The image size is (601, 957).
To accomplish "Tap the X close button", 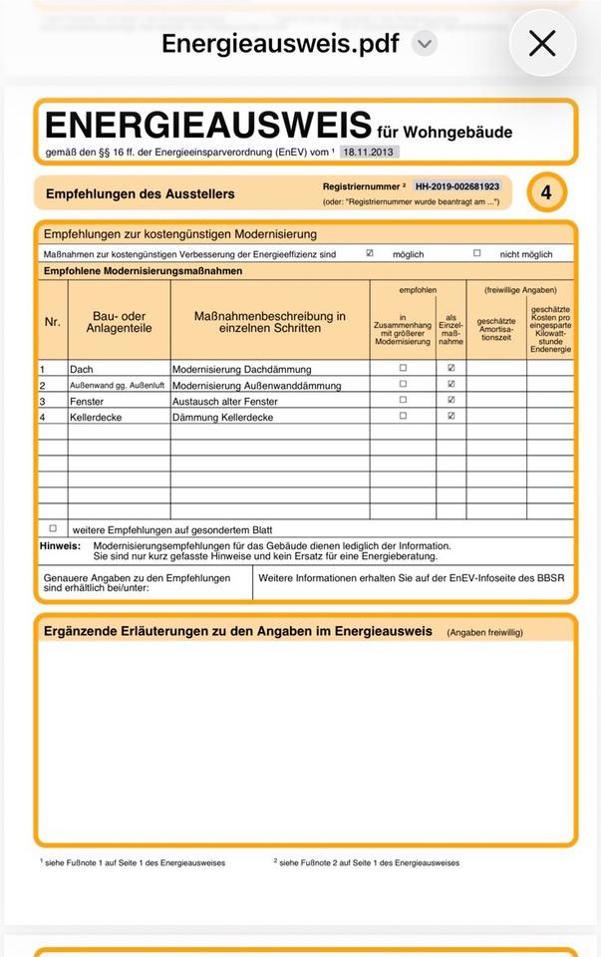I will coord(542,43).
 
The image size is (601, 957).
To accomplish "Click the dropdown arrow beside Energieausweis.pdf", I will coord(425,43).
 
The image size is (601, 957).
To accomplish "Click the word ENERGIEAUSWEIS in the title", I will coord(208,127).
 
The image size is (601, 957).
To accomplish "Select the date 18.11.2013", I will coord(369,152).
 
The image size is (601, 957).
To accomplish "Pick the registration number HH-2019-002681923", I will coord(457,186).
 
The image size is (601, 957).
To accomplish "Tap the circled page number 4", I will coord(546,192).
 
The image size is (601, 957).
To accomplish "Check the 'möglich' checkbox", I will coord(370,253).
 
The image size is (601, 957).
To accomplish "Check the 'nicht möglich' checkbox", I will coord(476,253).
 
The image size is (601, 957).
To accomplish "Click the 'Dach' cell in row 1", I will coord(82,369).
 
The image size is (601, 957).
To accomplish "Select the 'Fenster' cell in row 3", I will coord(87,401).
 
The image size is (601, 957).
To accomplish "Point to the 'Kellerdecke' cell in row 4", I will coord(96,417).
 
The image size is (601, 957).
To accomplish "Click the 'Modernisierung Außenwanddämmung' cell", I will coord(256,385).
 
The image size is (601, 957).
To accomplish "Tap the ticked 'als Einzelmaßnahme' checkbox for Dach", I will coord(451,368).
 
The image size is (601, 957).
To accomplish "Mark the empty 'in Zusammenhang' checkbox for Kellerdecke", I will coord(403,416).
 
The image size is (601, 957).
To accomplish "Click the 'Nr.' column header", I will coord(53,322).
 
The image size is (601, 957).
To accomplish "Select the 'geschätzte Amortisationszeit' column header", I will coord(496,329).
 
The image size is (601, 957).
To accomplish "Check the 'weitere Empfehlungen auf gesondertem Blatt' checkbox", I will coord(53,528).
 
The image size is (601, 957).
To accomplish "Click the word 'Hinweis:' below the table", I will coord(60,545).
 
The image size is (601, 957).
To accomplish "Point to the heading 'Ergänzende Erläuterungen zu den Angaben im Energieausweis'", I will coord(238,631).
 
